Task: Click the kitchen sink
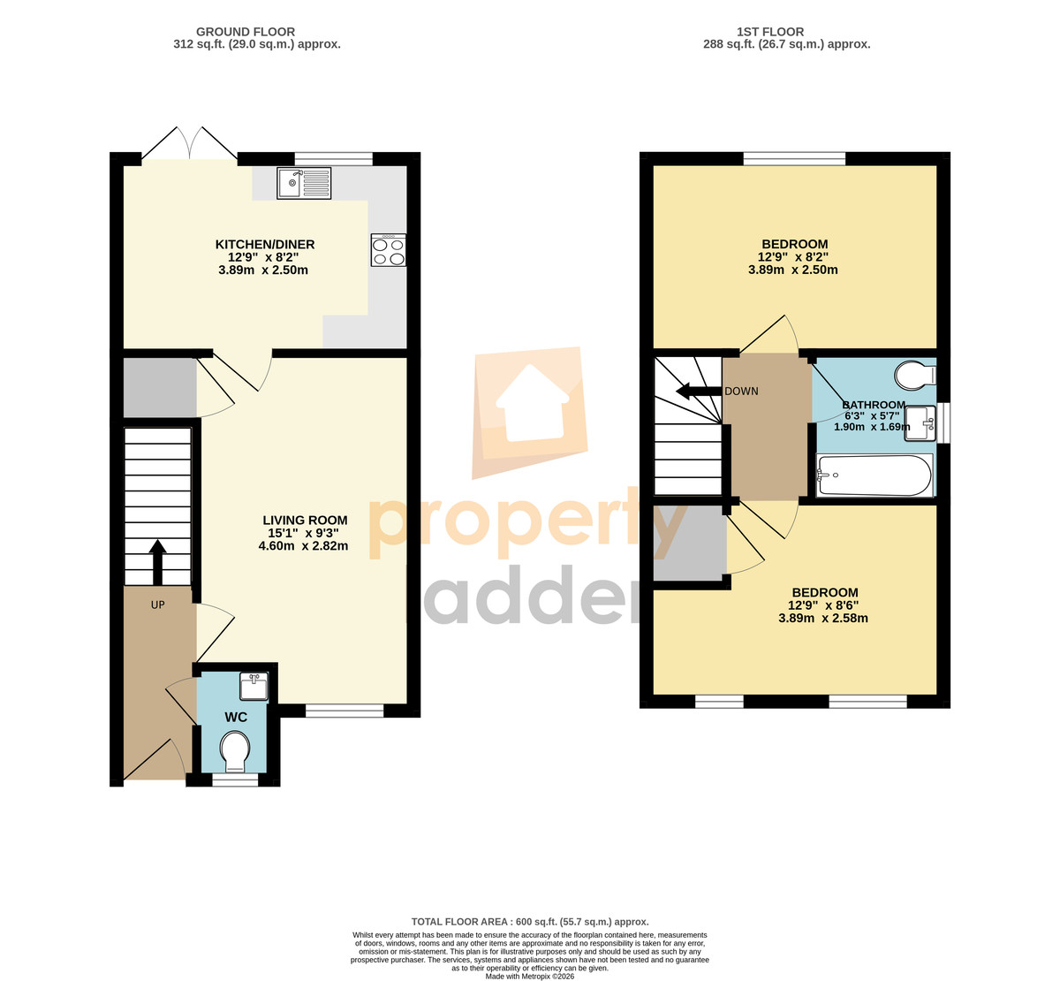pos(304,183)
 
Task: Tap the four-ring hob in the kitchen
pos(389,250)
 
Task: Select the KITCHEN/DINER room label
pos(265,245)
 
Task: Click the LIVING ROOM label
pos(305,521)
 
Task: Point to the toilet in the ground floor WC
pos(235,751)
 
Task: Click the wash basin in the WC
pos(254,686)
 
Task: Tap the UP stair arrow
pos(157,562)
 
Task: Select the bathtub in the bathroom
pos(874,475)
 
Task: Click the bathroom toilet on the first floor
pos(915,376)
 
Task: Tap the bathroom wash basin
pos(920,423)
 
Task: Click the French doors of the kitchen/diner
pos(190,143)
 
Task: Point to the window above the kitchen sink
pos(334,158)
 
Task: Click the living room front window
pos(344,711)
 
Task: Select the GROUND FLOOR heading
pos(246,32)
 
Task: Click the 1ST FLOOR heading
pos(770,32)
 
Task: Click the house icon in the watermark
pos(532,403)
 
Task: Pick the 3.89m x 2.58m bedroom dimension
pos(823,619)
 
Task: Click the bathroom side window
pos(943,423)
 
